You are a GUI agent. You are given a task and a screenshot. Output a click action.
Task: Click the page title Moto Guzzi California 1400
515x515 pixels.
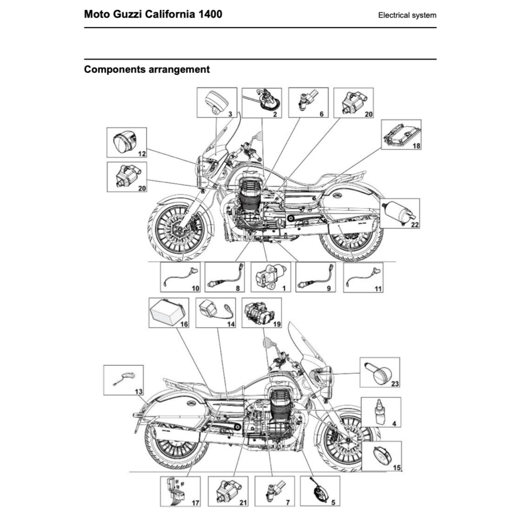[153, 14]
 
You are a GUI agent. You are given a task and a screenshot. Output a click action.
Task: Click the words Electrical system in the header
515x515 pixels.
[407, 15]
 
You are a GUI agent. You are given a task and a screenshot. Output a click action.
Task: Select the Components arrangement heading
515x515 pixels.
[147, 69]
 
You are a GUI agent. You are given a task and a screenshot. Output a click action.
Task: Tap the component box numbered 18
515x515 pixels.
[401, 135]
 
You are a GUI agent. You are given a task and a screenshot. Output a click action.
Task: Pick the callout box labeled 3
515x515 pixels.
[216, 103]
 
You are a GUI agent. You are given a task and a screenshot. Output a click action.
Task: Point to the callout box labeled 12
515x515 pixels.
[127, 142]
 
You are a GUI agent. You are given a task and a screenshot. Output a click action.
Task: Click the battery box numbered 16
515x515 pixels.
[169, 312]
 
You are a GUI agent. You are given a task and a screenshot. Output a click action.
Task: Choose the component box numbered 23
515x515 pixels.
[380, 372]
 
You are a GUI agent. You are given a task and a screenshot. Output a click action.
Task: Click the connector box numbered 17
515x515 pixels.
[181, 491]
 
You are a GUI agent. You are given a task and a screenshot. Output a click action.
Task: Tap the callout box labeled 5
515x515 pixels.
[320, 491]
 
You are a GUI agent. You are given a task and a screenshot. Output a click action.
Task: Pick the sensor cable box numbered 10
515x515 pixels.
[181, 276]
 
